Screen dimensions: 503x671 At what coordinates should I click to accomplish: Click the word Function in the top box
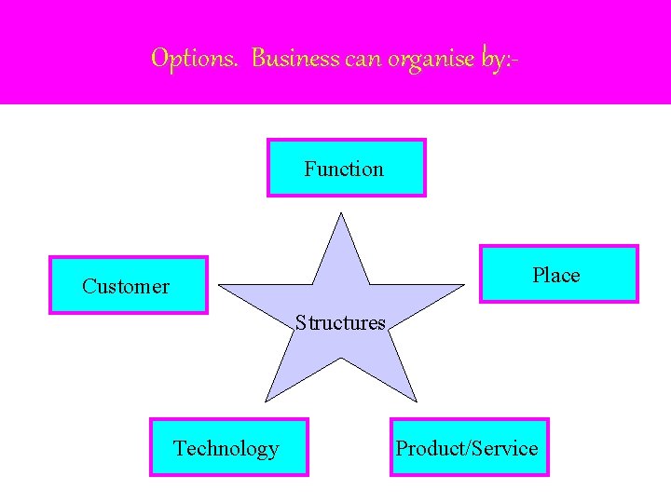pyautogui.click(x=344, y=169)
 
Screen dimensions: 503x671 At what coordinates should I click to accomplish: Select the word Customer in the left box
pyautogui.click(x=126, y=286)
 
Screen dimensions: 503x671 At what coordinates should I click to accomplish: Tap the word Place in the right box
pyautogui.click(x=555, y=275)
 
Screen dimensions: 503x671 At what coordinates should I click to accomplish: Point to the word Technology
pyautogui.click(x=226, y=448)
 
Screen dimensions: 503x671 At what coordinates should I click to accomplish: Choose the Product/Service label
pyautogui.click(x=467, y=448)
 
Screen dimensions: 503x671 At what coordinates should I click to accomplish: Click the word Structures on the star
pyautogui.click(x=340, y=323)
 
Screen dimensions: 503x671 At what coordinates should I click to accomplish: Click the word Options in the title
pyautogui.click(x=194, y=59)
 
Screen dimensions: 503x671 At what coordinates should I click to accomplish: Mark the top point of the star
pyautogui.click(x=341, y=215)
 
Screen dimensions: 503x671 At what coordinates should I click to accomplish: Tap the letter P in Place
pyautogui.click(x=538, y=275)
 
